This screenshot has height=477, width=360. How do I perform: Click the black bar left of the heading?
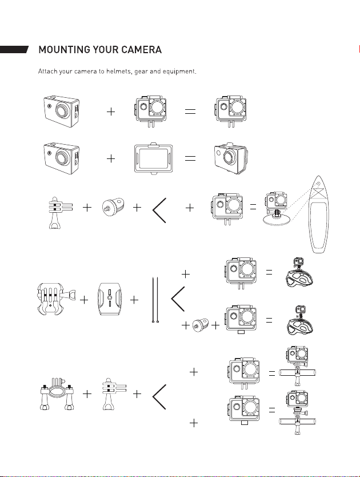pyautogui.click(x=14, y=49)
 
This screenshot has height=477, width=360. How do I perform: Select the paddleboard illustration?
pyautogui.click(x=318, y=214)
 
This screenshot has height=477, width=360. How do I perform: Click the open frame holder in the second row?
pyautogui.click(x=153, y=158)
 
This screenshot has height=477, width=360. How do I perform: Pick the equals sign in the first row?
pyautogui.click(x=190, y=112)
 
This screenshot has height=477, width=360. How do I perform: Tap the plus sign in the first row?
pyautogui.click(x=111, y=112)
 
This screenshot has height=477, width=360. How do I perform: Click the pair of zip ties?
pyautogui.click(x=155, y=300)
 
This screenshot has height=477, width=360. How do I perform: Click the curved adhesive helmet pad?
pyautogui.click(x=110, y=299)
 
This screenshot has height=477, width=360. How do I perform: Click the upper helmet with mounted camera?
pyautogui.click(x=299, y=275)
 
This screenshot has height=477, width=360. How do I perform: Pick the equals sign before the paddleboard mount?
pyautogui.click(x=253, y=208)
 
